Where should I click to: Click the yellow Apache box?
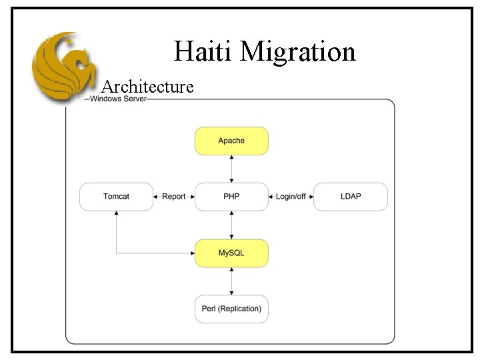point(231,141)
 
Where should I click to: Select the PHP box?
point(231,197)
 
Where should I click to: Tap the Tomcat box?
point(116,197)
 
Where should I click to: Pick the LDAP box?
point(350,197)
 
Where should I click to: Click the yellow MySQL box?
point(231,253)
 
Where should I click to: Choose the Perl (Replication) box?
point(231,309)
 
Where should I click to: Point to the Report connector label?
point(174,197)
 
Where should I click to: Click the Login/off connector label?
point(291,197)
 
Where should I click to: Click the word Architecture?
point(148,87)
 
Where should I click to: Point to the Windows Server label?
point(118,99)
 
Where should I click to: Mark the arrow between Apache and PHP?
point(231,169)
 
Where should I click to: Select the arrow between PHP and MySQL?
point(231,225)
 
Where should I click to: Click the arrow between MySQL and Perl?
point(231,281)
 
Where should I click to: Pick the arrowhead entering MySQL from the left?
point(192,253)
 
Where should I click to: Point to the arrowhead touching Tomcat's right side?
point(156,197)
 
